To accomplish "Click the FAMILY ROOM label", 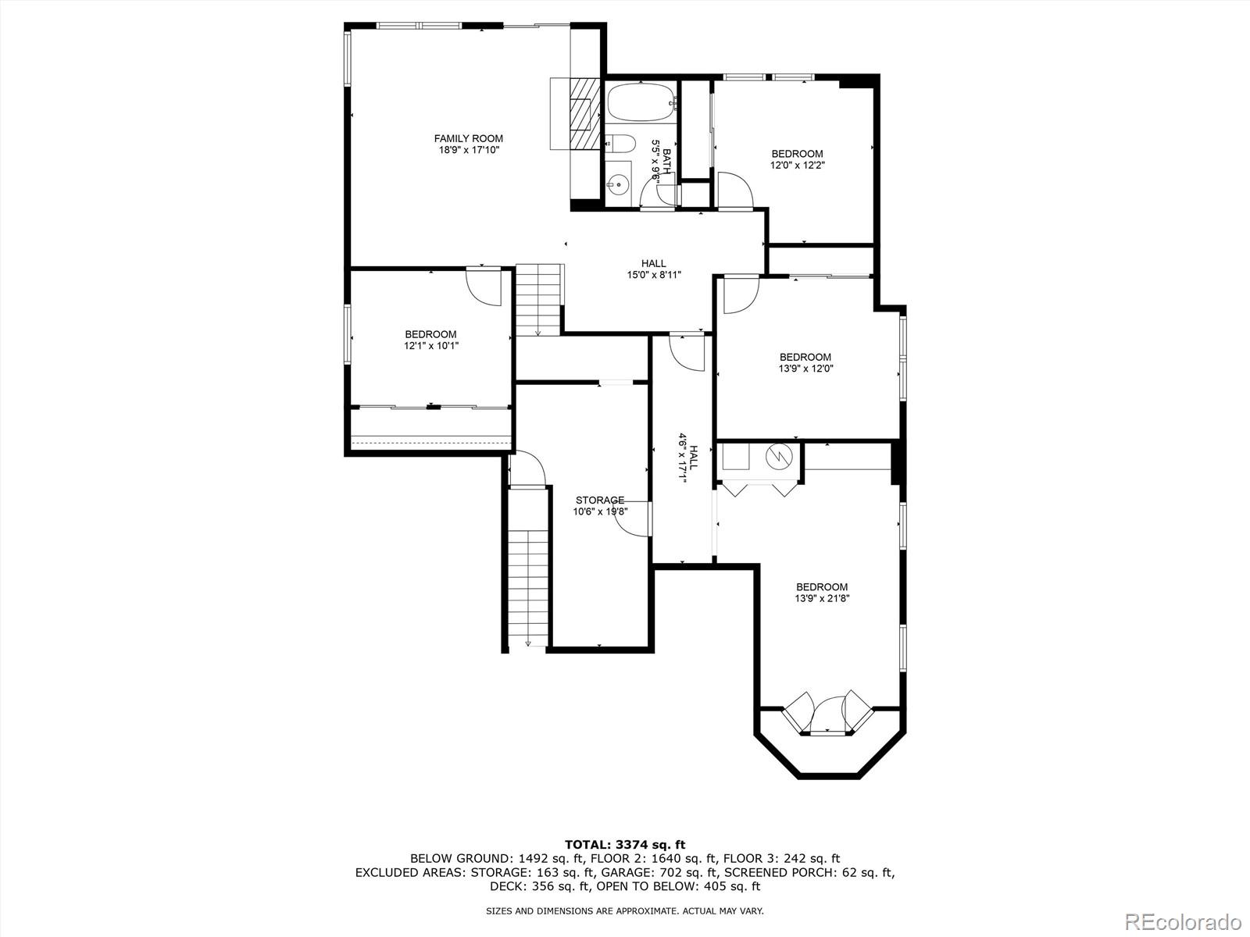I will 468,138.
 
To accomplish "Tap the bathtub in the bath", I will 640,102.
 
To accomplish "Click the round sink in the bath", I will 617,185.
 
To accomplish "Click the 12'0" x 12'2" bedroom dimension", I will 797,165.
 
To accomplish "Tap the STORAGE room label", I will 599,500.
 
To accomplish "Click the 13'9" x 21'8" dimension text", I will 821,598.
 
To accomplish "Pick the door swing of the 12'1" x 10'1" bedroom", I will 483,286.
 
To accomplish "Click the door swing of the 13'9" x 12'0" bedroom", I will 740,294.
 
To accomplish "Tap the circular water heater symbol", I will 778,456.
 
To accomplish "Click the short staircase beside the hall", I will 539,299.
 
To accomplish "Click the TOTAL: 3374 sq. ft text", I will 624,844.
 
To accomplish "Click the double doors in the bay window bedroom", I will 827,712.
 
